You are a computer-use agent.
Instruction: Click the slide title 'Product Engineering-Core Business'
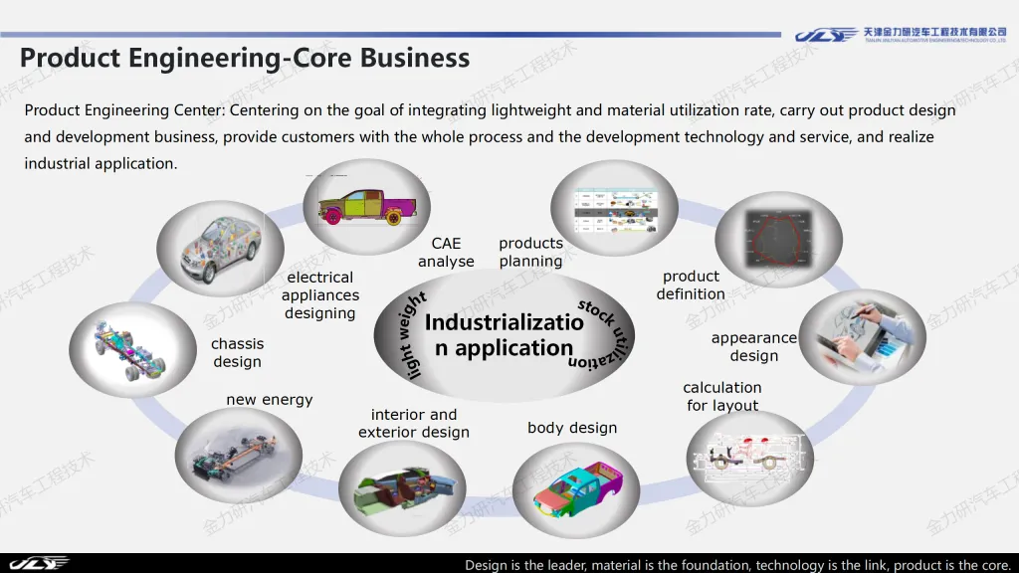coord(245,58)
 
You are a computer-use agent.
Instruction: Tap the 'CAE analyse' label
coord(446,253)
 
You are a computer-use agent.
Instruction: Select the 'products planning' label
coord(530,253)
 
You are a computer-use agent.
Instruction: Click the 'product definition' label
coord(691,286)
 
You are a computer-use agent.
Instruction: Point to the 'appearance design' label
coord(753,347)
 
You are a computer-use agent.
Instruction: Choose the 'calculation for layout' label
coord(722,396)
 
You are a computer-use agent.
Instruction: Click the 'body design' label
coord(572,428)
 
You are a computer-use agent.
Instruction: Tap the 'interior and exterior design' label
coord(414,423)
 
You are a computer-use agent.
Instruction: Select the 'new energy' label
coord(270,400)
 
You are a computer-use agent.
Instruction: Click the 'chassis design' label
coord(237,353)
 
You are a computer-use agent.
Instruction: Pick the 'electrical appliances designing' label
coord(320,295)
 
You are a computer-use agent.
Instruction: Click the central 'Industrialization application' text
coord(504,335)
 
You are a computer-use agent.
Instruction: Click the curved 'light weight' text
coord(402,334)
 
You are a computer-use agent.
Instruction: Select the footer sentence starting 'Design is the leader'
coord(737,565)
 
